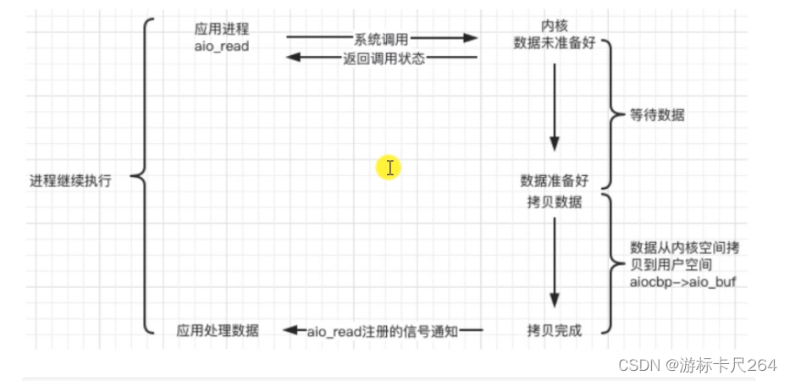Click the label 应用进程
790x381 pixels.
click(x=221, y=28)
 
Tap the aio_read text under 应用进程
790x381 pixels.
click(x=221, y=46)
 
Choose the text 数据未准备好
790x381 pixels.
click(x=561, y=43)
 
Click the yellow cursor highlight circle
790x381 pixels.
click(x=389, y=167)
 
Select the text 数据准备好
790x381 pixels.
click(x=554, y=181)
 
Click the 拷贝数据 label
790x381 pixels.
click(x=553, y=202)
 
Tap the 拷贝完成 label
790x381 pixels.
click(x=553, y=330)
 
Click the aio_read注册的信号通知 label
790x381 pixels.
click(x=382, y=331)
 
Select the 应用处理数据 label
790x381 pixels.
click(x=218, y=330)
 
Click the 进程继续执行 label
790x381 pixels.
click(x=70, y=179)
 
